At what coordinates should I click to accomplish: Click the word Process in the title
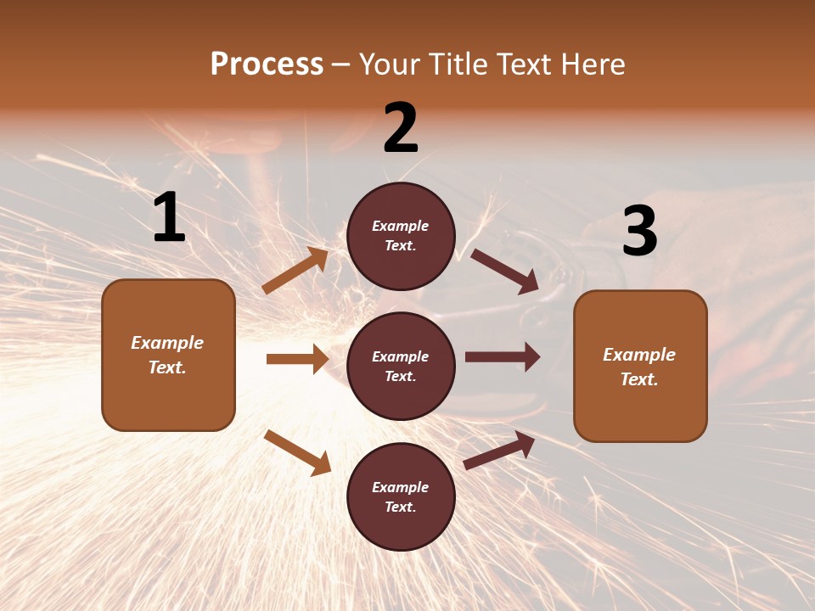(x=267, y=64)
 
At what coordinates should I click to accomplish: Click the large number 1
(x=169, y=218)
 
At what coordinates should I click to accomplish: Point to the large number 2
(x=401, y=128)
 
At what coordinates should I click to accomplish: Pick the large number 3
(x=639, y=232)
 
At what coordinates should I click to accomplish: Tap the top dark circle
(x=401, y=236)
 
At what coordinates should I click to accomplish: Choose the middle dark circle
(x=401, y=367)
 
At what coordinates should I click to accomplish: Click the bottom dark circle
(x=401, y=497)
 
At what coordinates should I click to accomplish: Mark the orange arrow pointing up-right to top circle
(x=295, y=271)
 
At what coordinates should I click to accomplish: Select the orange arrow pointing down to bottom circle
(x=297, y=452)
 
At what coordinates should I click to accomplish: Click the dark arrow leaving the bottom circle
(x=499, y=451)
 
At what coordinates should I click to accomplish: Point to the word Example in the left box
(x=167, y=343)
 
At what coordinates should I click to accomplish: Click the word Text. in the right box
(x=639, y=379)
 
